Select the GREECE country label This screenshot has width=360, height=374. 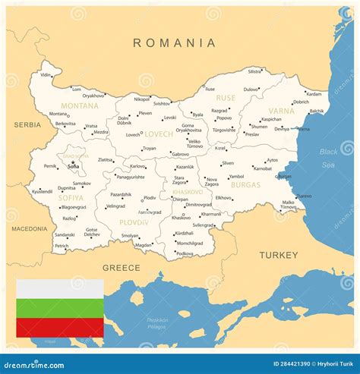click(x=121, y=268)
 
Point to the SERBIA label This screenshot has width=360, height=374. click(x=27, y=124)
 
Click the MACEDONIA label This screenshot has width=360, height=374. click(x=28, y=228)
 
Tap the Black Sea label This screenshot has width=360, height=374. click(x=329, y=158)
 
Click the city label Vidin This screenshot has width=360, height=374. click(x=46, y=75)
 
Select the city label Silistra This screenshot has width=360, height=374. click(x=254, y=71)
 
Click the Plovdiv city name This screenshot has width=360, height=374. click(x=150, y=198)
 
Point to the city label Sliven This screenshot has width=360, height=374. click(x=228, y=163)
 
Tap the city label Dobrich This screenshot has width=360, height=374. click(x=301, y=102)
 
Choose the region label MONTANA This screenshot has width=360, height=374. click(x=80, y=105)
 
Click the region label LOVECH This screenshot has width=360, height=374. click(x=159, y=134)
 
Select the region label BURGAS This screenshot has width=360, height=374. click(x=245, y=184)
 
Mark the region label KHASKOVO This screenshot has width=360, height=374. click(x=187, y=192)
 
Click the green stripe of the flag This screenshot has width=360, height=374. click(x=60, y=308)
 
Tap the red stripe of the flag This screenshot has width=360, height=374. click(x=60, y=327)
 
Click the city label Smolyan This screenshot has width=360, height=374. click(x=130, y=236)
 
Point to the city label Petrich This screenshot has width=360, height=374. click(x=62, y=246)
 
